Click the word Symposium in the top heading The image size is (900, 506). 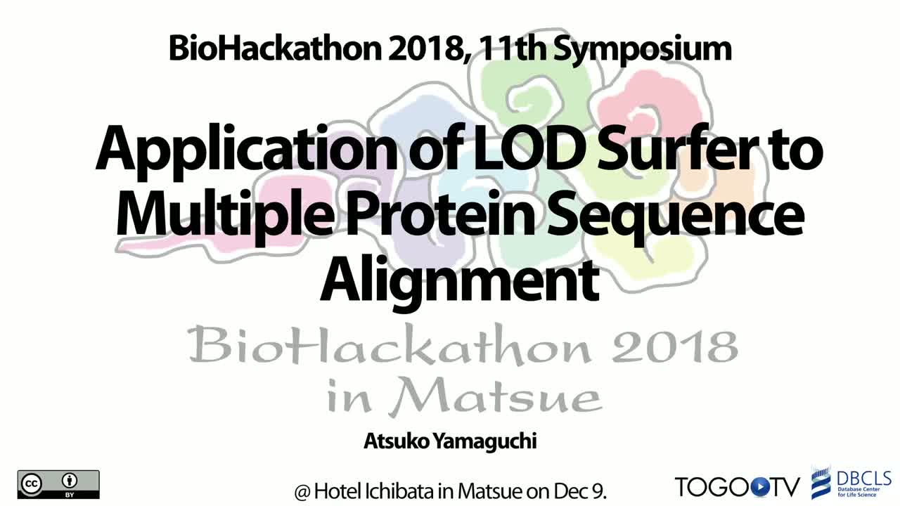click(x=642, y=50)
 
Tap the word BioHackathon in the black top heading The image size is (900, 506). click(x=275, y=48)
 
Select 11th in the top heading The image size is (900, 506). click(x=512, y=48)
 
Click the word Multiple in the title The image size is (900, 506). click(x=224, y=215)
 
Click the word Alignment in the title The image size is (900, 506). click(x=459, y=282)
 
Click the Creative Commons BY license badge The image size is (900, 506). click(x=58, y=485)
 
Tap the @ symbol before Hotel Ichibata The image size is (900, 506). click(x=302, y=492)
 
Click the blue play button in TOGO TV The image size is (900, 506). click(x=759, y=487)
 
